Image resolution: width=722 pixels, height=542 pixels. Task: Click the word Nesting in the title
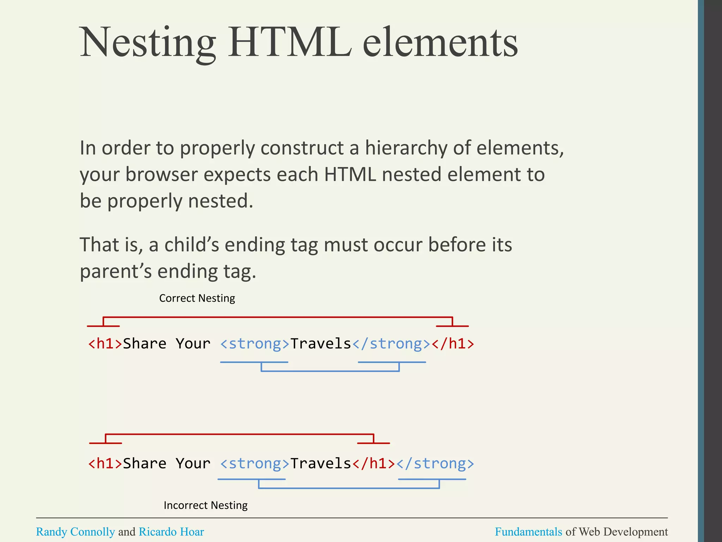148,43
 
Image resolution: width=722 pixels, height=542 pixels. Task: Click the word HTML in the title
290,43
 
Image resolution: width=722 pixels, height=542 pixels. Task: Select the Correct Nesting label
197,299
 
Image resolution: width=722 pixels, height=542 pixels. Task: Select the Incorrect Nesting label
206,505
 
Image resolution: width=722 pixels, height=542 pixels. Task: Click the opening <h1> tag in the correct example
105,344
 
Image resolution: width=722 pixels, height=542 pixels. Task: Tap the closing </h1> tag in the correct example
453,344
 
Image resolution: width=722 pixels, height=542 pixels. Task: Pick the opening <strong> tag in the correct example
255,344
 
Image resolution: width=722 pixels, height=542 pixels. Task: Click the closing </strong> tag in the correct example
391,344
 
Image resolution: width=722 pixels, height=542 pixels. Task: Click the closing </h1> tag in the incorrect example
374,464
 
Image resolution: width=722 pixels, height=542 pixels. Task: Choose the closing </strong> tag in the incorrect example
435,464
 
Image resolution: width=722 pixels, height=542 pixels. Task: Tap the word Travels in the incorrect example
320,464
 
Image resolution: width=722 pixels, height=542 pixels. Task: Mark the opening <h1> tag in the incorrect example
105,464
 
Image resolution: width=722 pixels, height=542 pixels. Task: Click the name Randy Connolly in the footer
75,532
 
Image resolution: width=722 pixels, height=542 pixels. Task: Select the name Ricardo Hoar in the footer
171,532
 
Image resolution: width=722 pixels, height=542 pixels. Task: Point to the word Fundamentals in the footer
528,532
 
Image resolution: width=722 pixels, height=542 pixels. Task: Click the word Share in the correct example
145,344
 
